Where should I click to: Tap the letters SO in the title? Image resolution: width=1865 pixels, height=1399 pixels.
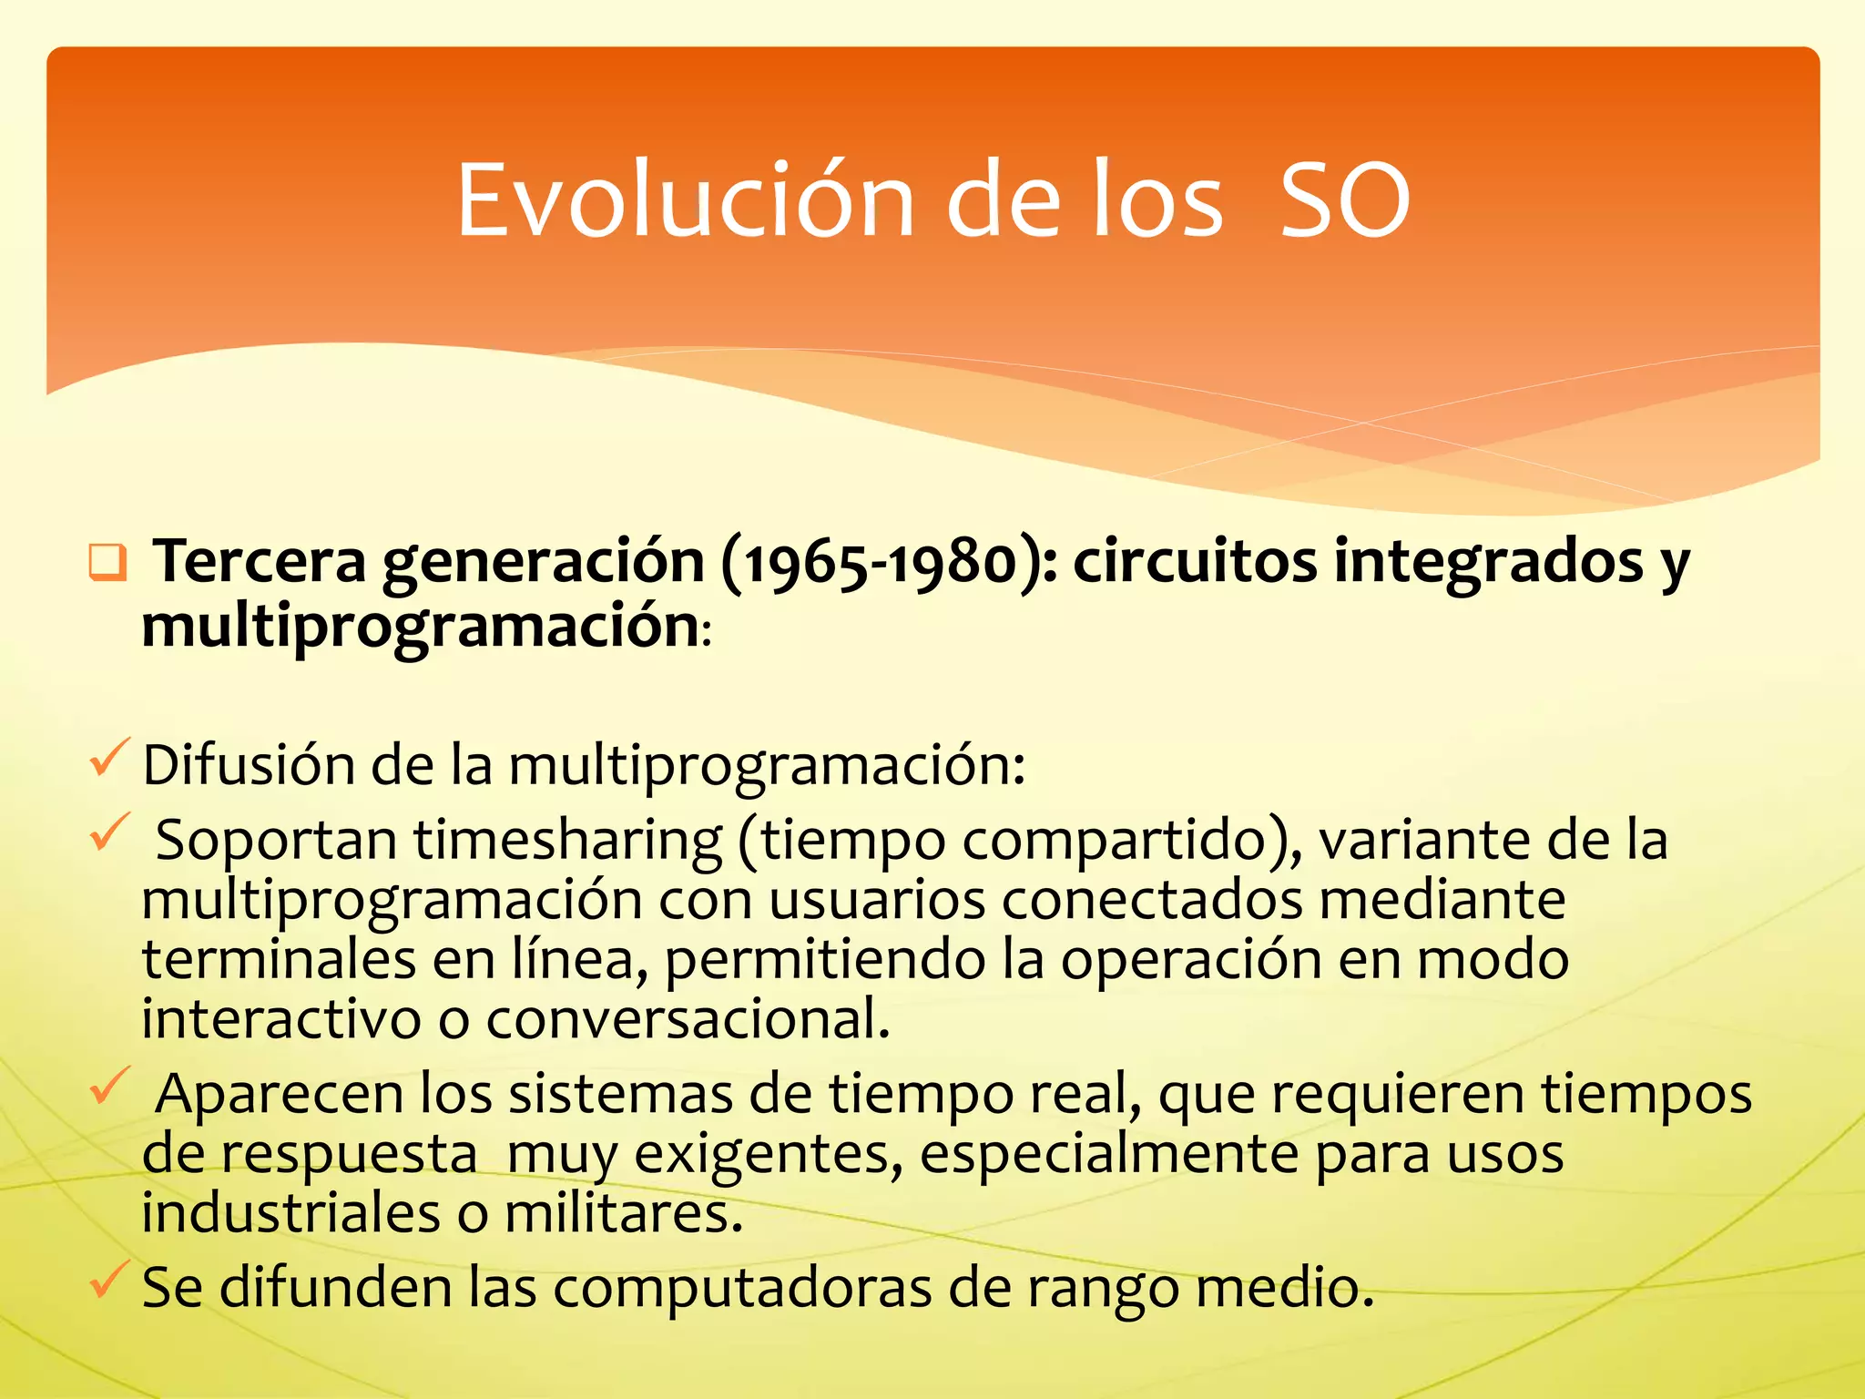[x=1345, y=200]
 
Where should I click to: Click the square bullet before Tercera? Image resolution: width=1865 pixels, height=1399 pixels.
[x=107, y=562]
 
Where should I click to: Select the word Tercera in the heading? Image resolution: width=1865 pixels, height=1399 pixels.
[x=260, y=562]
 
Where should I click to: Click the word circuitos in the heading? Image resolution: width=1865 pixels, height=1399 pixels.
[x=1195, y=562]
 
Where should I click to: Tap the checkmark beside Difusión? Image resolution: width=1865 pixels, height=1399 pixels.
[x=108, y=759]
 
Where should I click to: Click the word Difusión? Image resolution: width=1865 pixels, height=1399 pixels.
[x=248, y=765]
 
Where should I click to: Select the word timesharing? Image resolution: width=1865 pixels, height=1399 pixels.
[x=568, y=840]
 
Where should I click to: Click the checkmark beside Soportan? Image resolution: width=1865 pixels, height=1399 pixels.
[x=108, y=832]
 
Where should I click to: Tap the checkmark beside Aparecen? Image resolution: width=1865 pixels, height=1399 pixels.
[x=108, y=1086]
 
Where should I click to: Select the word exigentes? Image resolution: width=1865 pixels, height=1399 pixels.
[x=767, y=1154]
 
